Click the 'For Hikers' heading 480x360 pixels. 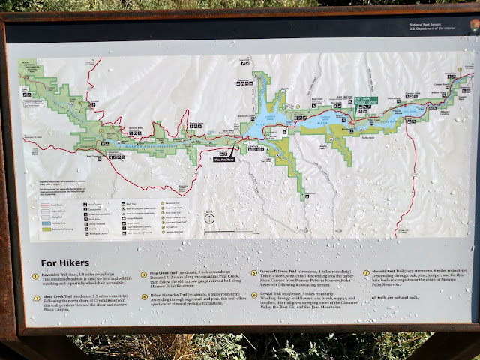point(67,262)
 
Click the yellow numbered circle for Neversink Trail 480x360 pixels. point(34,276)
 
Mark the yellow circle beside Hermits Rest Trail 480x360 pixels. point(367,272)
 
